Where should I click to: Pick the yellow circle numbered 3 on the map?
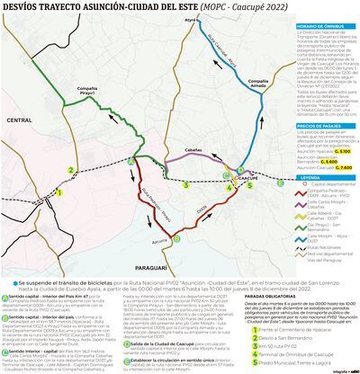click(x=185, y=185)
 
